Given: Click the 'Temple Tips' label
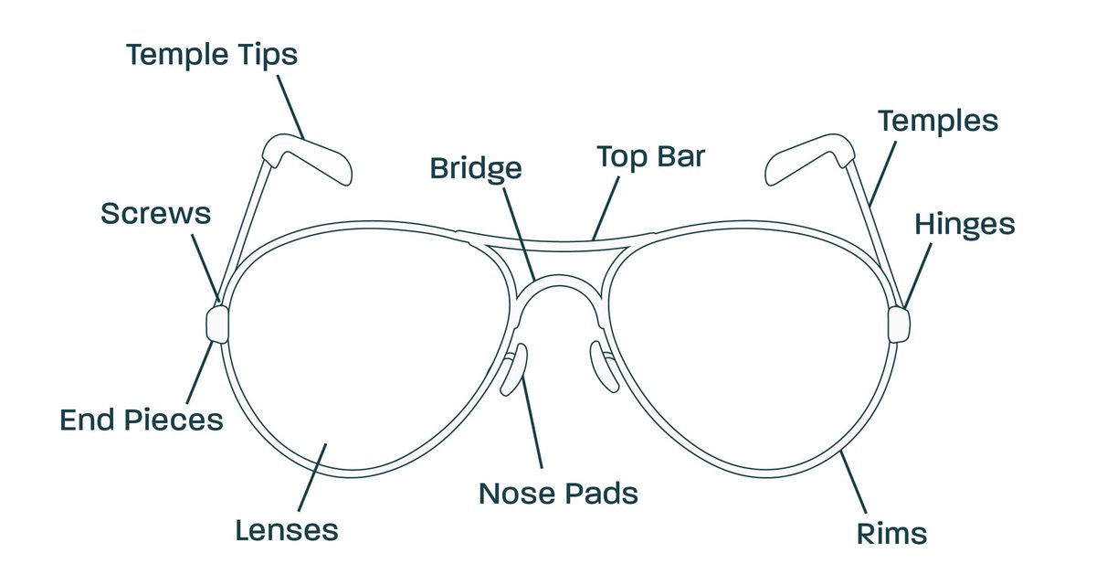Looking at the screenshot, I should point(212,55).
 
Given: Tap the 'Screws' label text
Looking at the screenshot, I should point(155,214).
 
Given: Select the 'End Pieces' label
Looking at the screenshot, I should point(142,420).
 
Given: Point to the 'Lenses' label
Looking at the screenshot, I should point(287,530).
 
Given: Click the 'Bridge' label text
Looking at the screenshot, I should point(476,168).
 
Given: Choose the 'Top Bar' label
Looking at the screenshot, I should point(651,156).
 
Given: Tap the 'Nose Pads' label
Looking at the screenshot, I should point(558,494).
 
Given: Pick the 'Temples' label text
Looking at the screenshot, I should point(938,120).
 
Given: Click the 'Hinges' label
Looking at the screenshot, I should point(964,224).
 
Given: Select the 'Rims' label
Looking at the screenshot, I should point(892,533).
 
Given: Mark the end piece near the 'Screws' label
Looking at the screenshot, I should point(216,324).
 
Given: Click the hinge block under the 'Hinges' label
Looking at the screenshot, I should point(899,324).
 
